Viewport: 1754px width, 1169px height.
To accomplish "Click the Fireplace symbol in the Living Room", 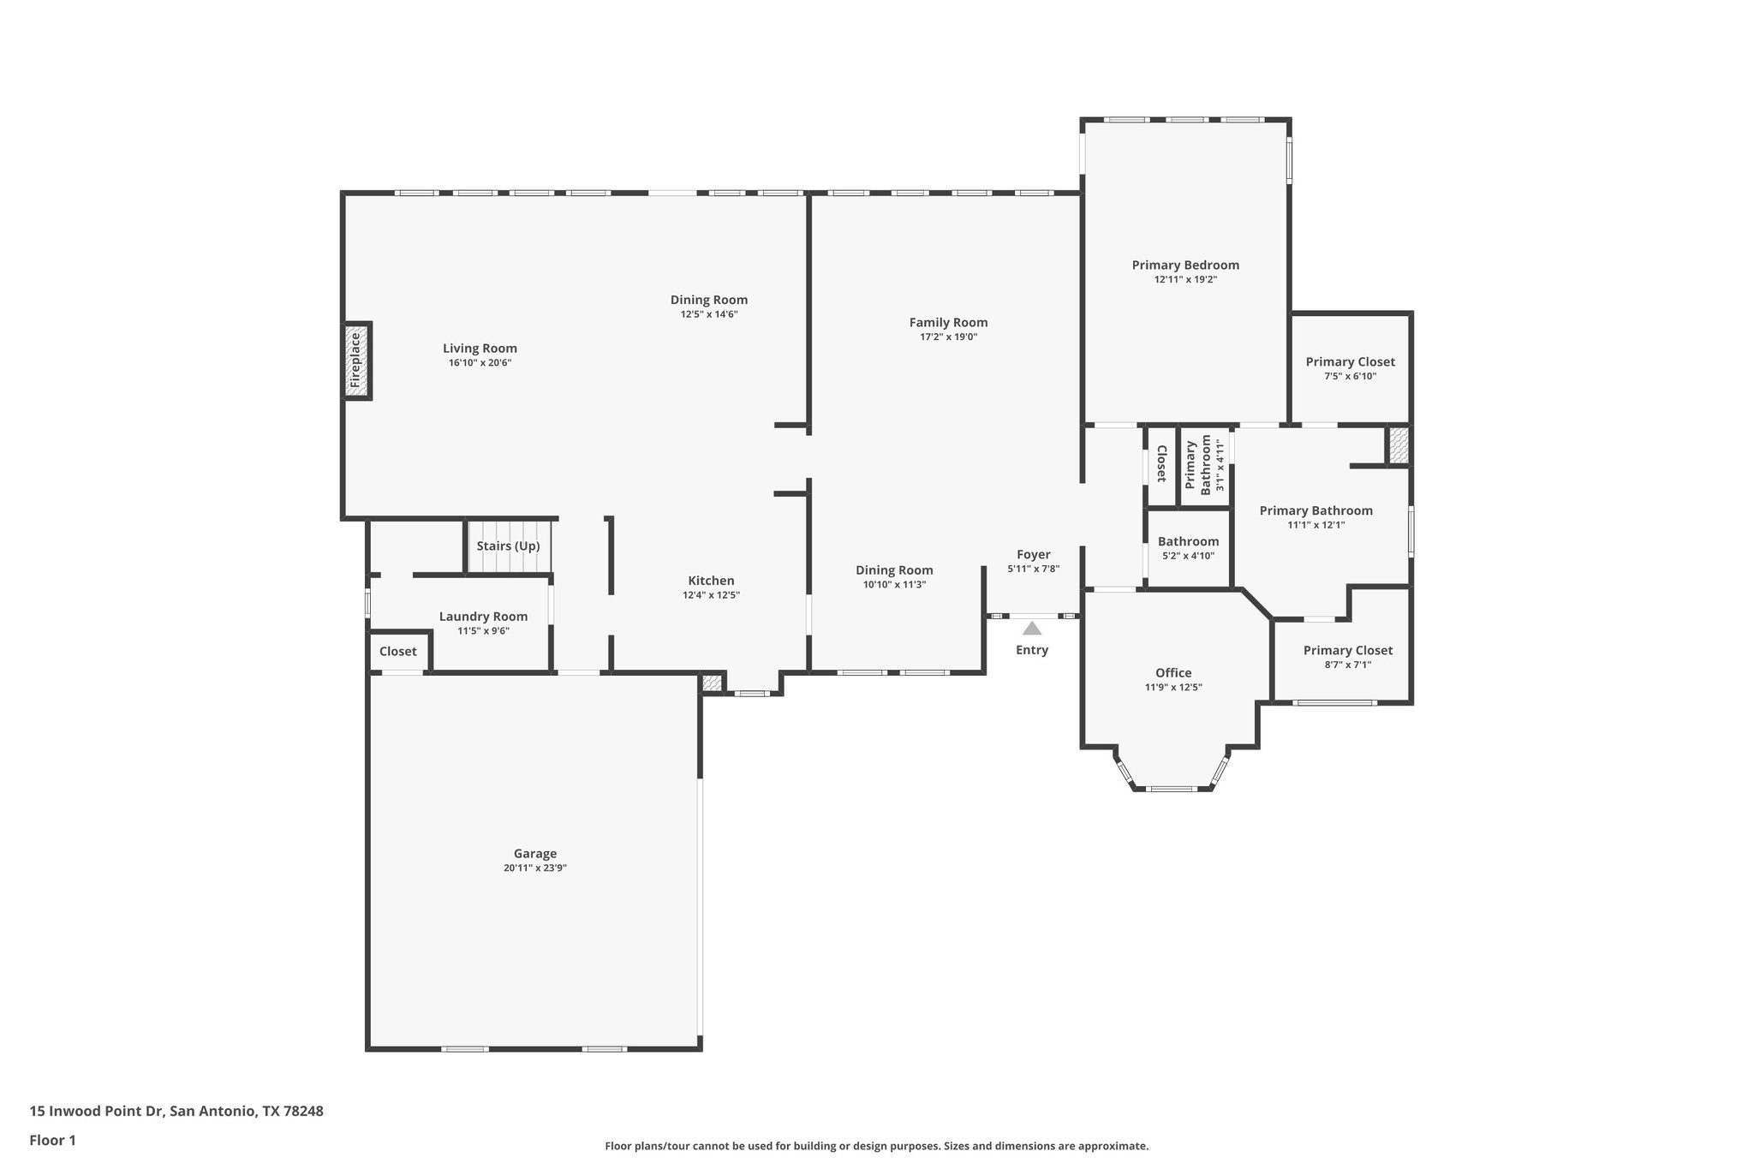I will (x=357, y=361).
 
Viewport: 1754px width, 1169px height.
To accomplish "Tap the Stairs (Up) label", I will (x=508, y=546).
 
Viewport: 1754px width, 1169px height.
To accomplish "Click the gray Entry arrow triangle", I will (x=1032, y=629).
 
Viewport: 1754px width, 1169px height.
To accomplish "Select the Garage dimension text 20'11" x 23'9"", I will (x=535, y=868).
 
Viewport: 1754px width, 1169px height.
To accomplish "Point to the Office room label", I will (x=1172, y=673).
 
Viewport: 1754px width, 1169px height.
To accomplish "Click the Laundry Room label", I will (x=483, y=617).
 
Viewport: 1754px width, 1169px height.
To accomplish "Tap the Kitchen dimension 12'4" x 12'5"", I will (x=710, y=595).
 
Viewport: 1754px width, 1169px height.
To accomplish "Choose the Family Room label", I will (x=948, y=323).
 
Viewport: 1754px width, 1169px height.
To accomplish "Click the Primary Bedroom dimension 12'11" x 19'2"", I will (x=1185, y=279).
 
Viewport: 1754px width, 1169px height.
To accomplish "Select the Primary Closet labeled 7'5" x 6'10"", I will (x=1350, y=362).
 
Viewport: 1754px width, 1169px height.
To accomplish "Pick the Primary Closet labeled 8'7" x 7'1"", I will (x=1347, y=651).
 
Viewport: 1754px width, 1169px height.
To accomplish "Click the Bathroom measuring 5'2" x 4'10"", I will (x=1188, y=542).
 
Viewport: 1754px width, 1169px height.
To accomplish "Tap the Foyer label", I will (x=1033, y=555).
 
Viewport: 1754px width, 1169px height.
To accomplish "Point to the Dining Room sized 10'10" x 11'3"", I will (x=894, y=570).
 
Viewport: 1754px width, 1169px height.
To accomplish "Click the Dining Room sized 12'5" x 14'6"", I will (x=708, y=300).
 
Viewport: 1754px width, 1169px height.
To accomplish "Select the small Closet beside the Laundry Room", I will (x=398, y=652).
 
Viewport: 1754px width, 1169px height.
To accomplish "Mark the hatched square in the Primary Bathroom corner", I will (x=1398, y=446).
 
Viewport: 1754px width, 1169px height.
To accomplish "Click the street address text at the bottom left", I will (x=176, y=1112).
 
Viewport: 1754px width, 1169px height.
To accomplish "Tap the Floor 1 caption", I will (x=52, y=1141).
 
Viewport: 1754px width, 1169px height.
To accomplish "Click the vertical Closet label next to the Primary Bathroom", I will (x=1161, y=463).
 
